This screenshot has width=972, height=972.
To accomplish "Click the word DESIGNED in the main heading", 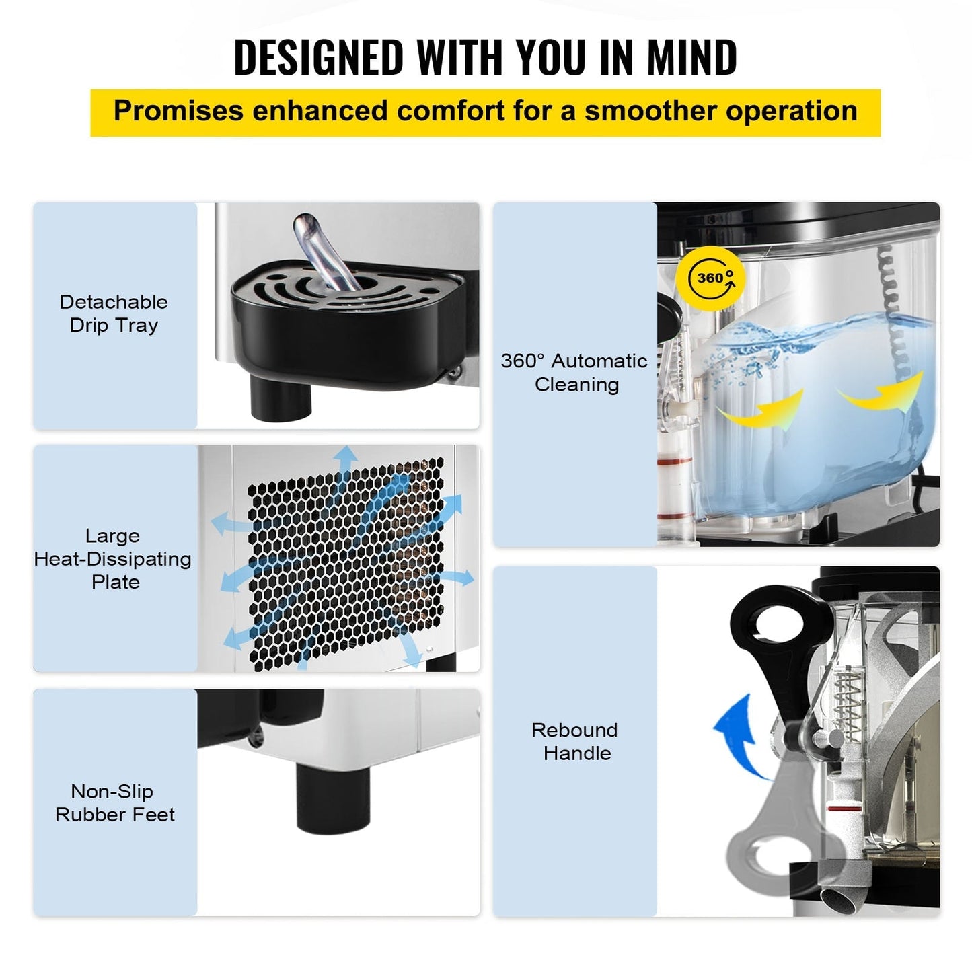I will tap(318, 57).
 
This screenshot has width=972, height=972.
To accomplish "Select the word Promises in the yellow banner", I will tap(178, 111).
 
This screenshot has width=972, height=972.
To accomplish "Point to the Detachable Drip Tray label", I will tap(114, 313).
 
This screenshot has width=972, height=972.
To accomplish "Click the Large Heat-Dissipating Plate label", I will tap(113, 559).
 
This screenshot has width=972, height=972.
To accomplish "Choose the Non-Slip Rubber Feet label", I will tap(114, 803).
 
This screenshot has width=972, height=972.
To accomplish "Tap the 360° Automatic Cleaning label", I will tap(574, 373).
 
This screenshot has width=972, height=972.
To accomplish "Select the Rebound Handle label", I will tap(575, 741).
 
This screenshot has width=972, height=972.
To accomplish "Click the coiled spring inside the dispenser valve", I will tap(850, 703).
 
